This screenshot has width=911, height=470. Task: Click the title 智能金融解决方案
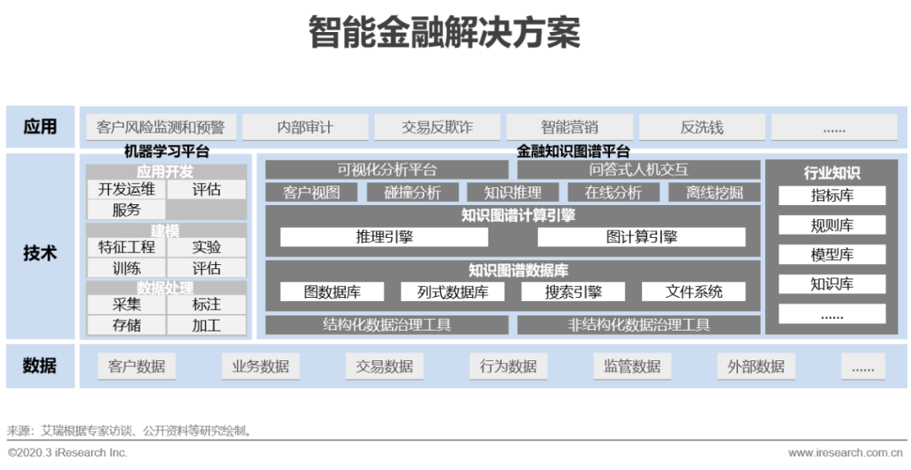point(444,34)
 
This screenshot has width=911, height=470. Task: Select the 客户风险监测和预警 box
point(161,127)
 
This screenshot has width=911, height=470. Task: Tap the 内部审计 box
point(305,127)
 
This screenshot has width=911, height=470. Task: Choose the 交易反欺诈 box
point(437,127)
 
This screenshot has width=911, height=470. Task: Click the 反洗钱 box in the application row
point(702,127)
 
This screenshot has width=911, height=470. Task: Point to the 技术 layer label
point(40,252)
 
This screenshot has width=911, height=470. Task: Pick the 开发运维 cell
point(127,190)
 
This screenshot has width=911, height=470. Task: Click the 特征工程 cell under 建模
point(127,247)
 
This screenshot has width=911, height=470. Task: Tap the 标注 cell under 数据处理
point(207,305)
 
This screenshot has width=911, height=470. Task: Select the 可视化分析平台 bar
point(387,170)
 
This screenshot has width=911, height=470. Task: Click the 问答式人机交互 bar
point(639,170)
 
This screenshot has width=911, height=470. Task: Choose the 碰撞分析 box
point(412,192)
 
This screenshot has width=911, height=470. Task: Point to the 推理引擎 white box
point(384,237)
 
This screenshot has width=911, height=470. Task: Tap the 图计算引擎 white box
point(641,237)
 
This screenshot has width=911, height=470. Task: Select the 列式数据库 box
point(453,292)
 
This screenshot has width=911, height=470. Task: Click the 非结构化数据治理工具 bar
point(639,325)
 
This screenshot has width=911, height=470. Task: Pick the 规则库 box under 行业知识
point(832,225)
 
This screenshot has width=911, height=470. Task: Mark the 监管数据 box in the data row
point(632,366)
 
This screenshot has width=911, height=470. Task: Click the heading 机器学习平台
point(166,152)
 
